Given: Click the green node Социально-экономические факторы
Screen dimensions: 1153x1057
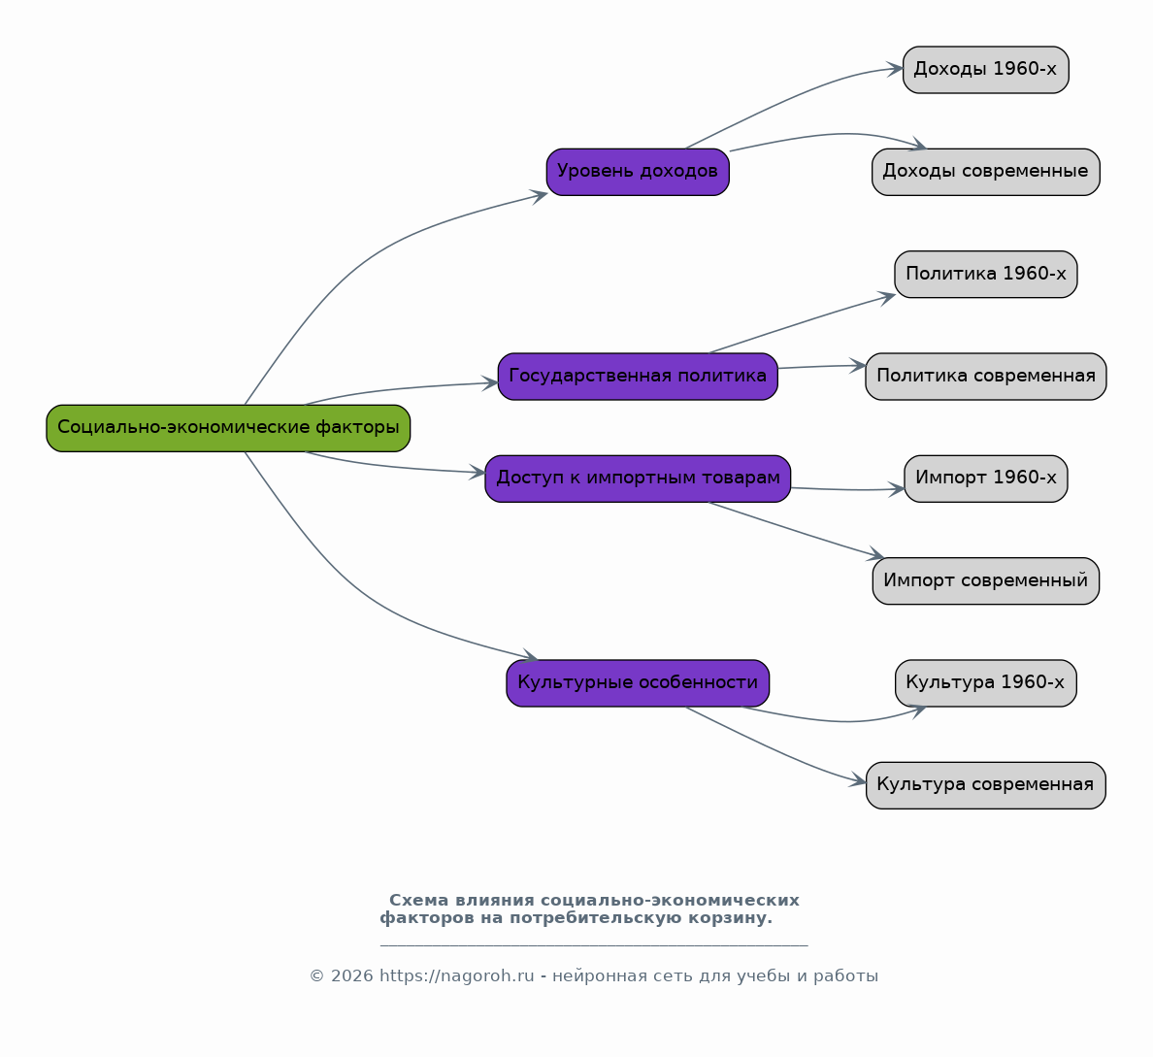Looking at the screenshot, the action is pos(228,428).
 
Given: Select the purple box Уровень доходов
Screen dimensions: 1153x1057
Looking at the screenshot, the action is pos(638,172).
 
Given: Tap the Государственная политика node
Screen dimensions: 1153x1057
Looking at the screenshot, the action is pos(638,377).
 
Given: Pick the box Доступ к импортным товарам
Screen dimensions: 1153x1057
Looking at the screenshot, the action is pos(638,479).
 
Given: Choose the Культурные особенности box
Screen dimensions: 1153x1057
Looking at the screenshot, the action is pos(638,683).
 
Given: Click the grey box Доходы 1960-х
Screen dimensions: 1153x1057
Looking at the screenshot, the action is pos(985,70).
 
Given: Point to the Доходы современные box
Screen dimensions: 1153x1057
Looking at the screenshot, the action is pos(985,172).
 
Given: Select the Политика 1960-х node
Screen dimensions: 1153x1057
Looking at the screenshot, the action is pos(985,275).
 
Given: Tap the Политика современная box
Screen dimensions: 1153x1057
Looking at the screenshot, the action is pos(985,377).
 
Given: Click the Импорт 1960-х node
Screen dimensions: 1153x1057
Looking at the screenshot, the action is pos(985,479).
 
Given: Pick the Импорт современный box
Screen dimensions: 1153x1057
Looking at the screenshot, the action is pos(985,581).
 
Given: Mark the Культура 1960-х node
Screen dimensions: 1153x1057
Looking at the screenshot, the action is pos(985,683).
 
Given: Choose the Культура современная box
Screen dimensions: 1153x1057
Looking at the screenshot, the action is pos(985,785).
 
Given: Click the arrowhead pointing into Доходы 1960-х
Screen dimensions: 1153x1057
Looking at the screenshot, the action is pos(896,69).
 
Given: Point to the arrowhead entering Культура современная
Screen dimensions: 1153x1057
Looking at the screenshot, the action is pos(859,781).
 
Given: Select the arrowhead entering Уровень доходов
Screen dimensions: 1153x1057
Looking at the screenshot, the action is pos(539,196).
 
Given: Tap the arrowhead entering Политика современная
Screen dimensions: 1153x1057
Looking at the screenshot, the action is pos(858,365).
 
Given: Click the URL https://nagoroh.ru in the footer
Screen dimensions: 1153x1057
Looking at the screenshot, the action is pos(457,976).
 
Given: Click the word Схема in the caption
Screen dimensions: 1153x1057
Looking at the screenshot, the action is pos(419,901).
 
